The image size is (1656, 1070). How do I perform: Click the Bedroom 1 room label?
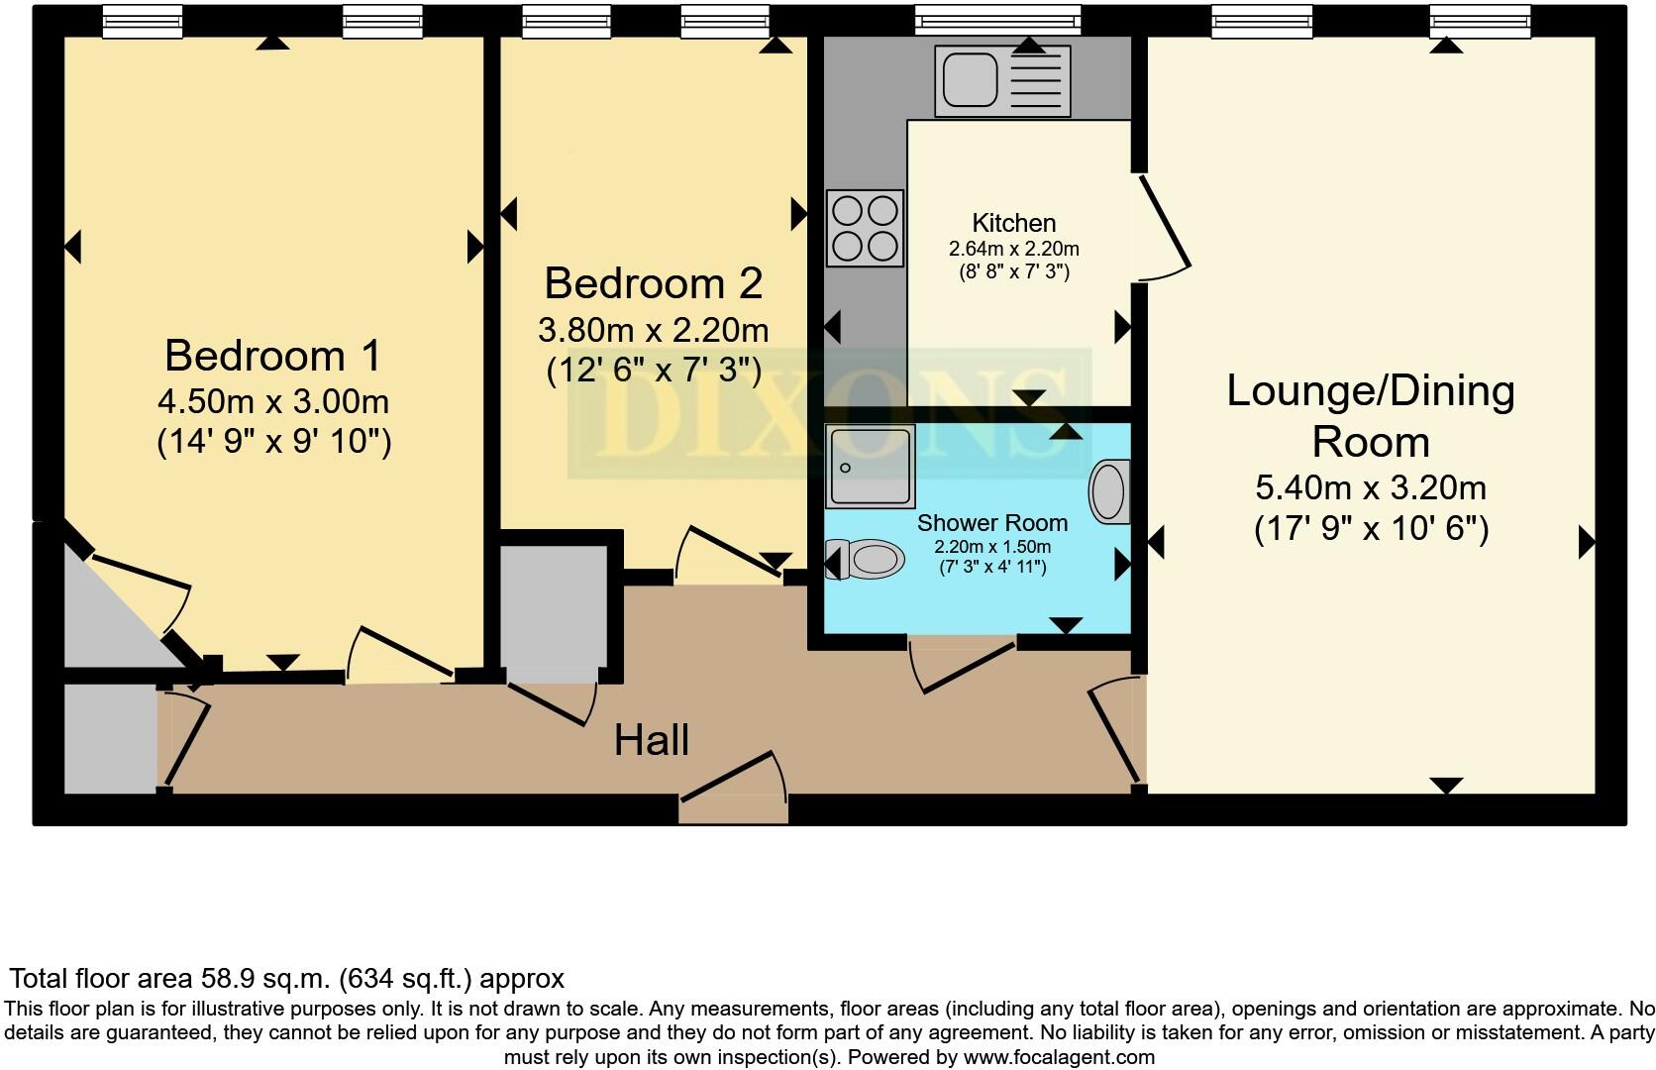[x=272, y=356]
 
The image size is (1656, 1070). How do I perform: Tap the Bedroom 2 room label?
[x=654, y=283]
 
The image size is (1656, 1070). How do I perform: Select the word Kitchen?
[x=1013, y=223]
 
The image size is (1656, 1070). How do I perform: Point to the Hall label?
[x=652, y=740]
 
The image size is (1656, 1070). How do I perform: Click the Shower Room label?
[x=992, y=523]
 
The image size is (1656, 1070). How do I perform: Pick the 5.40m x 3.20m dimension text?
[x=1371, y=488]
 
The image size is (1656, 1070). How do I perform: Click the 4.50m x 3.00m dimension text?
[x=272, y=401]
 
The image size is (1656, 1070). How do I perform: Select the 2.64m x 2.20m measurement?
[x=1013, y=249]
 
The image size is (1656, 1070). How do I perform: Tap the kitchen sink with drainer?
[x=1002, y=80]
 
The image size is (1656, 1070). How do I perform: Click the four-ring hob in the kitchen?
[x=865, y=228]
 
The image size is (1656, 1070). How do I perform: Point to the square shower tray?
[x=871, y=466]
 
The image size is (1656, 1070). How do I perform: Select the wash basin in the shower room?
[x=1109, y=491]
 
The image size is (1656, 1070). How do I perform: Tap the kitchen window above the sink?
[x=998, y=20]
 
